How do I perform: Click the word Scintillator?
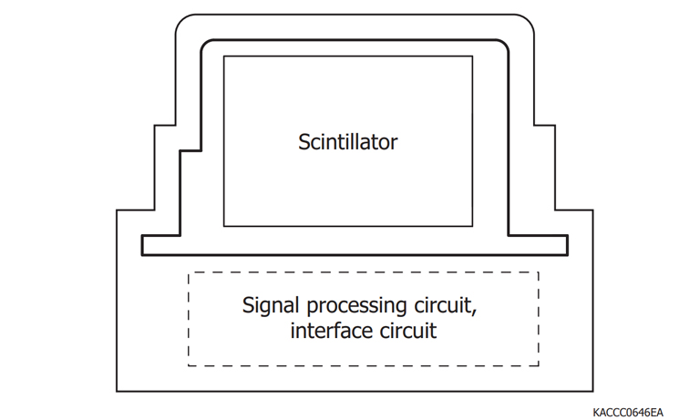(348, 142)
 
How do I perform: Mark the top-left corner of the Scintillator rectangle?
(224, 56)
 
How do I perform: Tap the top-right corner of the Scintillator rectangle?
(473, 56)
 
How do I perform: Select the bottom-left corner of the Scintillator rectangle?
(224, 226)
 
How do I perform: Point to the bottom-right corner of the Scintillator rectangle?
(473, 226)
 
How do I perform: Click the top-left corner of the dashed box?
(189, 272)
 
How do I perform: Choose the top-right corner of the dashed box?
(539, 272)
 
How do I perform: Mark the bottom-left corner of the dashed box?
(189, 365)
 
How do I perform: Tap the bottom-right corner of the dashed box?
(539, 365)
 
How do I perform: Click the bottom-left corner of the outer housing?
(117, 392)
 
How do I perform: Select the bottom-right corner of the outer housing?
(594, 392)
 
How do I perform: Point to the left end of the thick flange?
(142, 245)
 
